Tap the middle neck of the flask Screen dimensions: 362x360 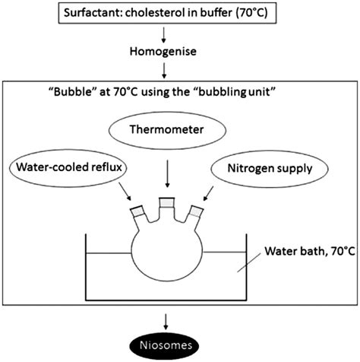(166, 211)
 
